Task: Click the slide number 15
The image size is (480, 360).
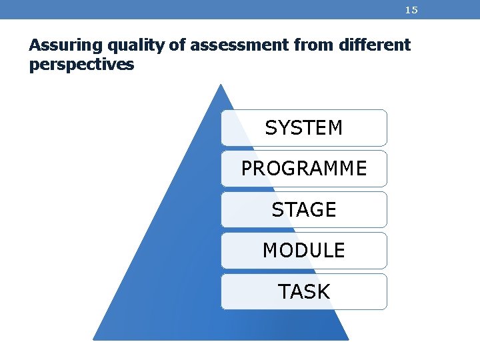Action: (x=411, y=10)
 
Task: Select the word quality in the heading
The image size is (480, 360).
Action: (x=116, y=46)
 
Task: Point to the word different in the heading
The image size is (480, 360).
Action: (x=376, y=45)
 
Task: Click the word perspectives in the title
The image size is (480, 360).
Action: (x=81, y=65)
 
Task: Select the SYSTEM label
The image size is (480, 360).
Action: (x=304, y=127)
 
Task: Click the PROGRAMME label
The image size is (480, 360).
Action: (x=304, y=169)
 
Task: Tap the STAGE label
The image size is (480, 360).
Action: (x=304, y=210)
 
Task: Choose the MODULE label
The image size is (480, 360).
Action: (x=304, y=251)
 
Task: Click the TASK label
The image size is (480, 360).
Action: (x=304, y=292)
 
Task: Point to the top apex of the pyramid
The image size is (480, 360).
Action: (x=221, y=85)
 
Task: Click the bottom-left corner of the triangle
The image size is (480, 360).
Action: (x=94, y=339)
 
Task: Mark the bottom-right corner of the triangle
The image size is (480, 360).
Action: (x=348, y=339)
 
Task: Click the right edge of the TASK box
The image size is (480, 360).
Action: (x=386, y=292)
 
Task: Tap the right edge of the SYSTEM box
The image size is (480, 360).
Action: (x=386, y=127)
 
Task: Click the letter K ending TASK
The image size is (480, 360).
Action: (x=323, y=292)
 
